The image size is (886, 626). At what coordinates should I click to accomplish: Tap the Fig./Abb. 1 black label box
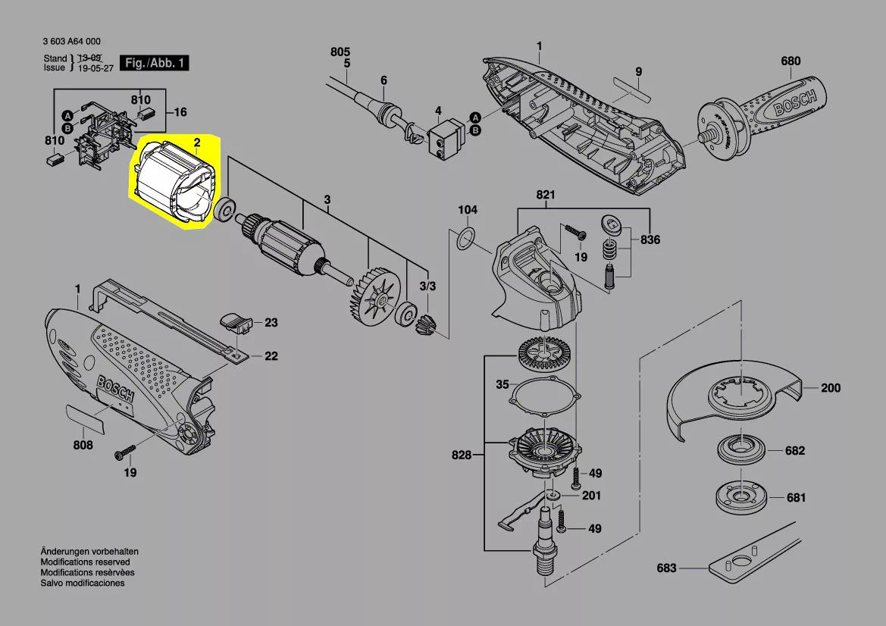pyautogui.click(x=155, y=63)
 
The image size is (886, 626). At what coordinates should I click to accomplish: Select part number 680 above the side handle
pyautogui.click(x=791, y=61)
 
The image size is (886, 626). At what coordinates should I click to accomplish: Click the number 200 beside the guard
pyautogui.click(x=831, y=387)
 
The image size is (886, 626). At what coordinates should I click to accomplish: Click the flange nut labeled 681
pyautogui.click(x=740, y=496)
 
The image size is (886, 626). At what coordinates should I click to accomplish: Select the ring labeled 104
pyautogui.click(x=464, y=239)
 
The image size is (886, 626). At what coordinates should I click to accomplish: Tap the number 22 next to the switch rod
pyautogui.click(x=271, y=356)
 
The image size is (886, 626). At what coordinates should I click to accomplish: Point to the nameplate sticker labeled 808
pyautogui.click(x=86, y=419)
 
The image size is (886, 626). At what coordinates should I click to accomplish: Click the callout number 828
pyautogui.click(x=462, y=455)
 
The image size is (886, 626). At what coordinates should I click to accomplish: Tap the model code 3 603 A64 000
pyautogui.click(x=72, y=41)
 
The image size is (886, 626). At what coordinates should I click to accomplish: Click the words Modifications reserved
pyautogui.click(x=86, y=562)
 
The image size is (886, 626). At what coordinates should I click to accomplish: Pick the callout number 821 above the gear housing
pyautogui.click(x=546, y=195)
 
